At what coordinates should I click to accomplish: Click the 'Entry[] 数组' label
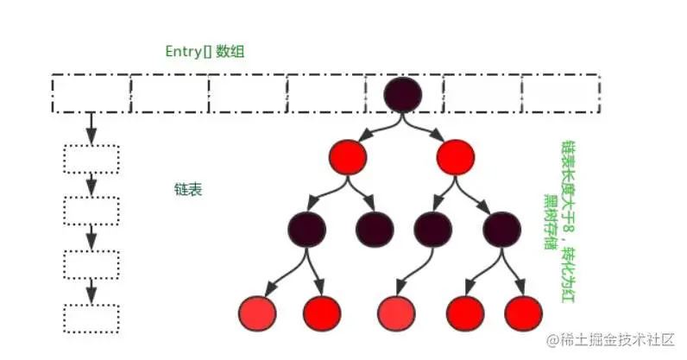(x=205, y=51)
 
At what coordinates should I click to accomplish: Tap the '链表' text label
(x=188, y=189)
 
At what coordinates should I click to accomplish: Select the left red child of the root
(x=348, y=156)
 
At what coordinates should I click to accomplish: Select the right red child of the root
(x=456, y=156)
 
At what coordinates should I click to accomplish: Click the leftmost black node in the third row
(x=308, y=229)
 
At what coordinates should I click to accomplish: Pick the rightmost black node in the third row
(x=501, y=229)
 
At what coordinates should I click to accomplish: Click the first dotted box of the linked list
(x=91, y=159)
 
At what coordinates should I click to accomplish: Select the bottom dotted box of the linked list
(x=91, y=318)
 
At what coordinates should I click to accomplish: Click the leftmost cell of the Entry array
(x=91, y=93)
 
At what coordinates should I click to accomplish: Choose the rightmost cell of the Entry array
(x=560, y=93)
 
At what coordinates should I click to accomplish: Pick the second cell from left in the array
(x=169, y=93)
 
